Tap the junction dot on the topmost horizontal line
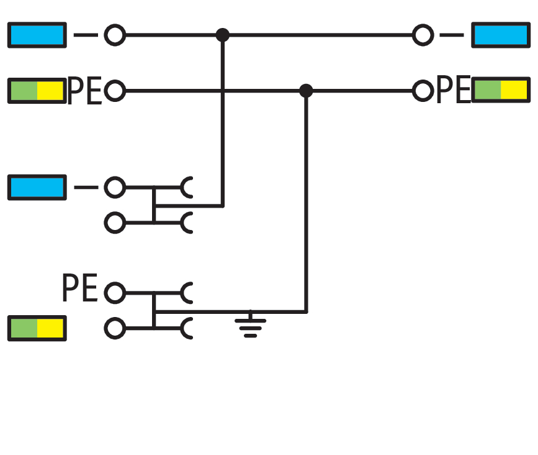(x=223, y=35)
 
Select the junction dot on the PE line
(x=305, y=91)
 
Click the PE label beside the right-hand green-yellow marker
(x=454, y=91)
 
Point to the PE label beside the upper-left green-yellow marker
(x=84, y=91)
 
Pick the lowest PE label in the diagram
(x=80, y=290)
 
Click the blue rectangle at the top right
(x=500, y=35)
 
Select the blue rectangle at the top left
(x=37, y=35)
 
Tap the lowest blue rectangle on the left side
(x=37, y=187)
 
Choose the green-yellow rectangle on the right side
(x=501, y=90)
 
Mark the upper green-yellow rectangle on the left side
(x=37, y=91)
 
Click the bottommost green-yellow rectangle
(x=37, y=328)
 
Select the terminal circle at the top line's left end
(x=114, y=35)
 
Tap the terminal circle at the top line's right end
(x=423, y=35)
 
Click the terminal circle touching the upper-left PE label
(x=114, y=91)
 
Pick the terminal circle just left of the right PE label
(x=423, y=91)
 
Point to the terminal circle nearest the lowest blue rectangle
(x=114, y=187)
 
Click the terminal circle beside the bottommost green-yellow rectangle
(x=114, y=328)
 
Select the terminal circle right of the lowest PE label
(x=114, y=292)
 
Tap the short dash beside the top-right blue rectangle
(x=452, y=35)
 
